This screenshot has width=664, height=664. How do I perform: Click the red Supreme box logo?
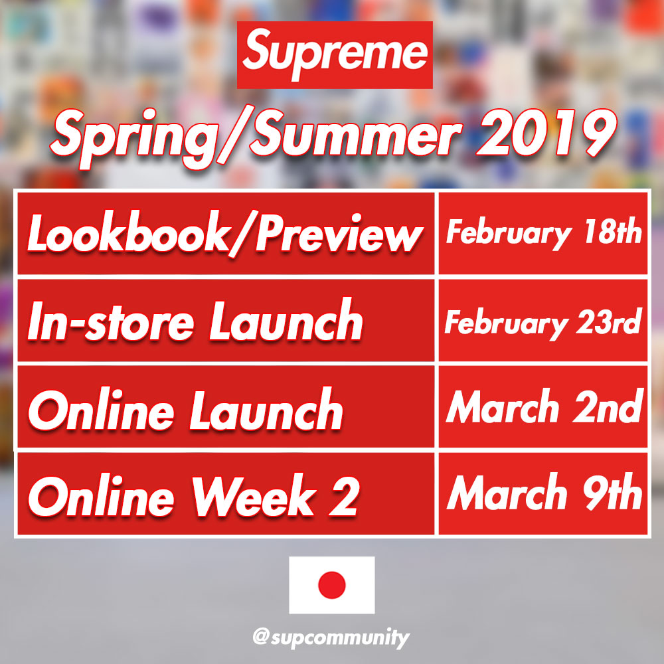pos(335,54)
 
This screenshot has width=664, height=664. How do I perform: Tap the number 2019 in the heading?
pos(546,133)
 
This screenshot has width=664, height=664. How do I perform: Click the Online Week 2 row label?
pos(194,495)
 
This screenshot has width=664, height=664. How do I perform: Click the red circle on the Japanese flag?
pos(331,585)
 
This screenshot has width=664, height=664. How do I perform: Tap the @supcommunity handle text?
pos(331,637)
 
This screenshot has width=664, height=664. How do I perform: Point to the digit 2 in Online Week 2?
pos(344,496)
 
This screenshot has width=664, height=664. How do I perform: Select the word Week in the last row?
pos(254,495)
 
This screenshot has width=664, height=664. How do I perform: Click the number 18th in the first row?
pos(613,231)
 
